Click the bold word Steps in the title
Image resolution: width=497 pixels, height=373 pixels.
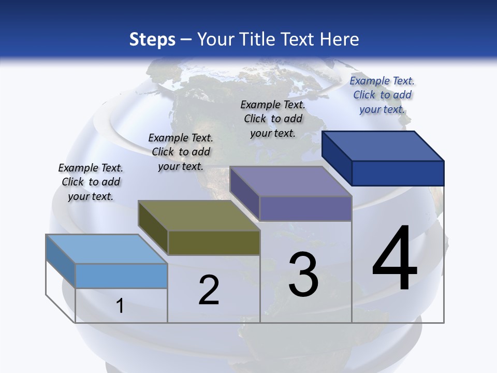tap(152, 39)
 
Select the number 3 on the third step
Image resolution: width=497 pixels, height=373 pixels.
tap(303, 275)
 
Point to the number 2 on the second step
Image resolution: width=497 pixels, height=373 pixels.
tap(209, 290)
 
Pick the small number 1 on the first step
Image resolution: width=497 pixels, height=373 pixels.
tap(120, 306)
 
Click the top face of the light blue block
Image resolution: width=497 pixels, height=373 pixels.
tap(106, 249)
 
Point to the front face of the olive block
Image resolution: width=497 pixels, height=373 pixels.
tap(214, 242)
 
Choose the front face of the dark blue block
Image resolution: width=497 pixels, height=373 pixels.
tap(398, 173)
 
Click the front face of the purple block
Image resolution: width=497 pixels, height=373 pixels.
tap(305, 208)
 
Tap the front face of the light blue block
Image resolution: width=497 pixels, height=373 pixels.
tap(121, 276)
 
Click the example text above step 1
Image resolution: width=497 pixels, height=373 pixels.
tap(91, 182)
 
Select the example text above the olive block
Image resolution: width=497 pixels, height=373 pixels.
tap(181, 152)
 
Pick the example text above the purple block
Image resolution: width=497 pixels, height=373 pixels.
tap(273, 119)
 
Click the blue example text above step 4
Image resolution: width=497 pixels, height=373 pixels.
tap(382, 95)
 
